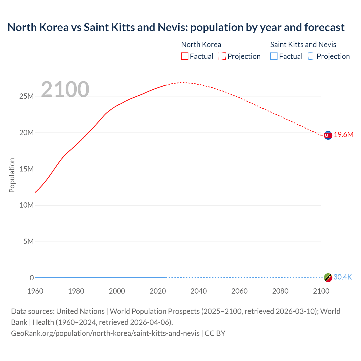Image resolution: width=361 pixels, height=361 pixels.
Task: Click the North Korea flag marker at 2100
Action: [328, 135]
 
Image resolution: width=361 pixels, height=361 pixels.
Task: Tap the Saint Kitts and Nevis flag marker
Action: [328, 278]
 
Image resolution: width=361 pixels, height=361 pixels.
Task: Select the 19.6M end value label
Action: [344, 135]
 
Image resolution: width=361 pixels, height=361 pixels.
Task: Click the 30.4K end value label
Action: [343, 277]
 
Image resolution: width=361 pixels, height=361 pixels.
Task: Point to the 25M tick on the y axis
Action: [27, 96]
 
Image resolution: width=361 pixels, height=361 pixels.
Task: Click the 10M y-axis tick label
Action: [27, 205]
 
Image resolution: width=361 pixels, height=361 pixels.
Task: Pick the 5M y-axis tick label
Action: [28, 242]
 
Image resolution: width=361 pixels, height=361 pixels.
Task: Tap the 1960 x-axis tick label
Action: [35, 291]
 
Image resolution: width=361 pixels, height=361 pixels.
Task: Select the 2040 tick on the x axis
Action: [199, 291]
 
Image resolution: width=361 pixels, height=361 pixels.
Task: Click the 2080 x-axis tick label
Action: [280, 291]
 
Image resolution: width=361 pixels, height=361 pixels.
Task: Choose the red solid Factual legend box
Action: [185, 56]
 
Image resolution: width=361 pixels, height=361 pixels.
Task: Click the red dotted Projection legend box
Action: [222, 56]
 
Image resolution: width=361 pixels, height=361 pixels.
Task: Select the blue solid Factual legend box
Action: [274, 56]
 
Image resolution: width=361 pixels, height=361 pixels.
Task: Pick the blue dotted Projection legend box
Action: [311, 56]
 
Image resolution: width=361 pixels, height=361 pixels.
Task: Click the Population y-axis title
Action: [12, 175]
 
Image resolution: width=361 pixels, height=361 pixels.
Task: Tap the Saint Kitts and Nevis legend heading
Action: [303, 45]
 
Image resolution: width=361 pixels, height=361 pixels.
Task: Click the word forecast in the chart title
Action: [324, 27]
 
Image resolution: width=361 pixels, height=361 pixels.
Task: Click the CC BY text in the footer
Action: [215, 333]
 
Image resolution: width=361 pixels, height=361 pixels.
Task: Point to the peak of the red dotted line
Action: [183, 83]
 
